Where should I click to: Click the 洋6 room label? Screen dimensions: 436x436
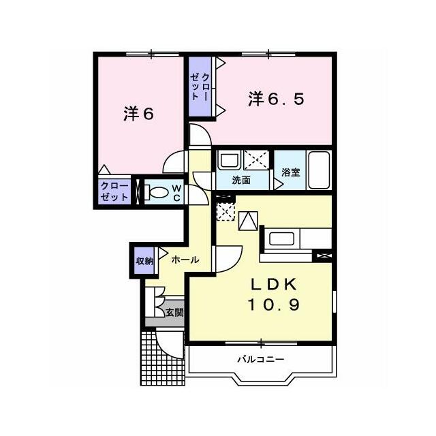click(138, 114)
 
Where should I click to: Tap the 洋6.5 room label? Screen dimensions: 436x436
click(276, 99)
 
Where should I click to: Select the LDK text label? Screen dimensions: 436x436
click(273, 284)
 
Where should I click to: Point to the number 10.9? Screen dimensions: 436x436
click(273, 305)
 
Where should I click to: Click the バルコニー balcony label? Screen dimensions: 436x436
click(260, 359)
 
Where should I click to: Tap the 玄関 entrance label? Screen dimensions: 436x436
click(174, 313)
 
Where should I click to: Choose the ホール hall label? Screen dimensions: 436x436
click(185, 260)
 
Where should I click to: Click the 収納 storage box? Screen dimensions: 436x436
click(144, 260)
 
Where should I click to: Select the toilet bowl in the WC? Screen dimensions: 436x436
click(156, 192)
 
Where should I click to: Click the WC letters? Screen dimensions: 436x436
click(176, 193)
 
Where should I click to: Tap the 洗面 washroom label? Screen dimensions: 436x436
click(241, 180)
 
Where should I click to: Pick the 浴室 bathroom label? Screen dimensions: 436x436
click(291, 172)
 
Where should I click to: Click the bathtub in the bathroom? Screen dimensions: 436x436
click(319, 170)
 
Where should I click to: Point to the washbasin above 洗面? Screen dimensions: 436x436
click(229, 160)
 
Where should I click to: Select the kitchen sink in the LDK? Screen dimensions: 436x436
click(281, 238)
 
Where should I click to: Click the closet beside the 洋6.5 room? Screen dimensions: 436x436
click(200, 87)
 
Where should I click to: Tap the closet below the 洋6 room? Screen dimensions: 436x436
click(114, 191)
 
